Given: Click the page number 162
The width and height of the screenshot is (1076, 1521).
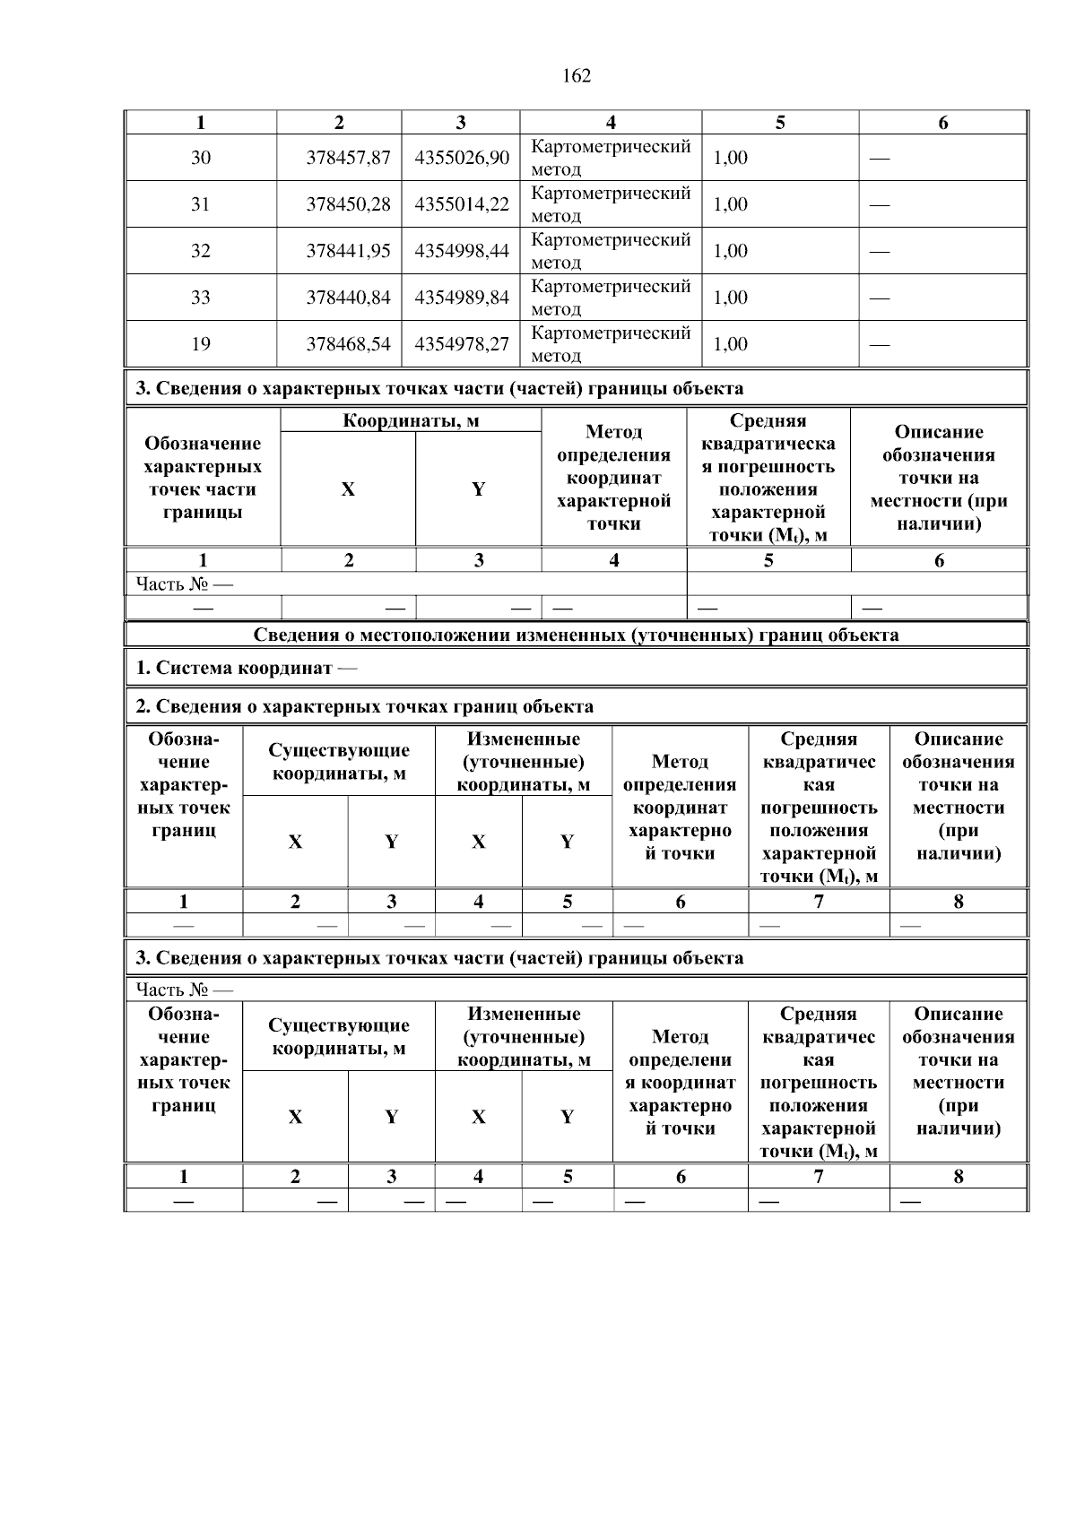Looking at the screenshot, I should point(577,76).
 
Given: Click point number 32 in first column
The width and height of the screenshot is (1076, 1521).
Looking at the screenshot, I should point(201,251).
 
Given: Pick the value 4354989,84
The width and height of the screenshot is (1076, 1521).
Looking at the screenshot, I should point(462,298).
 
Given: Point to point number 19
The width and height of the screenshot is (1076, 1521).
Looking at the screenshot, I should point(201,344).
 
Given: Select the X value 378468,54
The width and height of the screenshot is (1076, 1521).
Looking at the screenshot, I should point(348,344).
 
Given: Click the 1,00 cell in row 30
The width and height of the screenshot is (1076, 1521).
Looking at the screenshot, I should point(731,158).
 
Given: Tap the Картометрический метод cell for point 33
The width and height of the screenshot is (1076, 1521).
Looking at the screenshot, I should point(611,298).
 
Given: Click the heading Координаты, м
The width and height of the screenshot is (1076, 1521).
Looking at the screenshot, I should point(411,421).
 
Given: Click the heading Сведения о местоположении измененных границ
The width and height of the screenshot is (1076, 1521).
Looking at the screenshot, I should point(576,635).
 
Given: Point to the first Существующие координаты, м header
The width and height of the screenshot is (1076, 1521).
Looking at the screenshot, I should point(339,762).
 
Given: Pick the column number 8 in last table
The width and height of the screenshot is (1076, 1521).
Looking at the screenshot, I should point(958,1177).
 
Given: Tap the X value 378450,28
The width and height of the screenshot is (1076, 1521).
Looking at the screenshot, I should point(348,204).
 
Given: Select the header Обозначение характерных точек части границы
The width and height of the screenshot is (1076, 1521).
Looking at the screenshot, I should point(203,478).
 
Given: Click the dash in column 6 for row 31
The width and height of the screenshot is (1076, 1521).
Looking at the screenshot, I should point(880,205).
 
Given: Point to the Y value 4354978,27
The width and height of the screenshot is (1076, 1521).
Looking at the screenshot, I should point(462,344).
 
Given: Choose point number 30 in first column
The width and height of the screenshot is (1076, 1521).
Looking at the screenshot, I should point(201,158).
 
